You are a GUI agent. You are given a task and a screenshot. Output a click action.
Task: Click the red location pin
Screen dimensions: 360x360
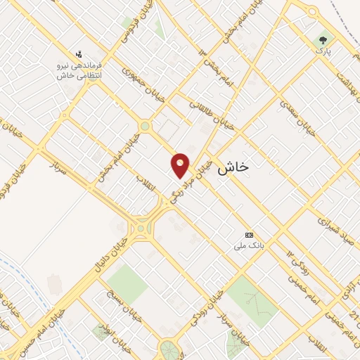181,165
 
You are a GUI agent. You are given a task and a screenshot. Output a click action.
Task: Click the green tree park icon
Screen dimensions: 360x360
323,39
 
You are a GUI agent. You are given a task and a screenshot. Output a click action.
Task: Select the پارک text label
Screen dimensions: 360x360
323,52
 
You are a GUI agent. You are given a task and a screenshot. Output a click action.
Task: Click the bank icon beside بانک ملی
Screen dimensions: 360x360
248,235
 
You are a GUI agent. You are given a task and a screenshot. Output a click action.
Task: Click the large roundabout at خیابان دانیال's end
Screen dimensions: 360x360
142,227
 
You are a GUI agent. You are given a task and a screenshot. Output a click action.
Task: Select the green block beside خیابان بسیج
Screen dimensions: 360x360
127,283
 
